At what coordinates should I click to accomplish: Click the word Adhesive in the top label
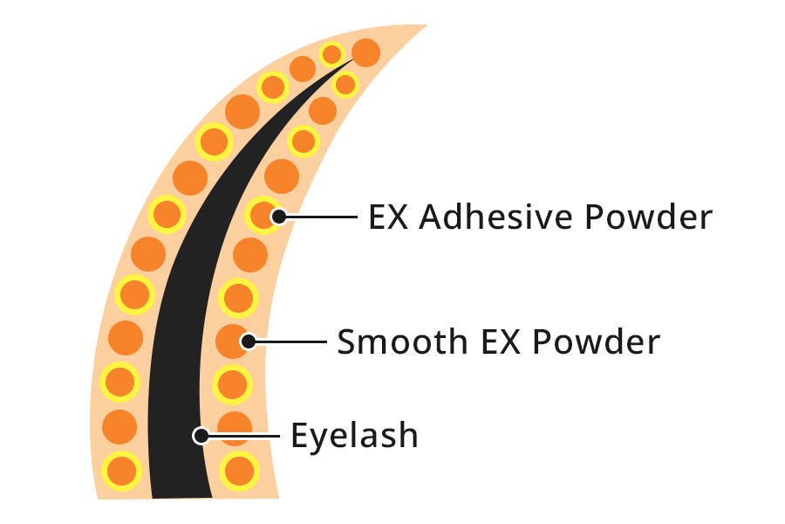tap(495, 217)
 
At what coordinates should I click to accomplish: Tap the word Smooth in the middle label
tap(402, 341)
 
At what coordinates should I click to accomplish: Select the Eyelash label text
tap(354, 435)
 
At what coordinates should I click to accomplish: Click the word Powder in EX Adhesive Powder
tap(648, 217)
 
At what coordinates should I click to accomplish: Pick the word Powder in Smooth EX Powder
tap(597, 341)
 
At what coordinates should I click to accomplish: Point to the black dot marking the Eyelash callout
tap(201, 436)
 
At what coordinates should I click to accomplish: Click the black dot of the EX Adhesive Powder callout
tap(279, 217)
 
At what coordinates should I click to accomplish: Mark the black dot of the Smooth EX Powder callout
tap(249, 341)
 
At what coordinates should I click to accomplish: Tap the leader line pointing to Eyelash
tap(244, 436)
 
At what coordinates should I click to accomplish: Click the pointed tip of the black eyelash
tap(353, 59)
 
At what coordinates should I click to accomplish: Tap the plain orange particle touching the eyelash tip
tap(366, 52)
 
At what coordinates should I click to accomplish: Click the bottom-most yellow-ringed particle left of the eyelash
tap(121, 472)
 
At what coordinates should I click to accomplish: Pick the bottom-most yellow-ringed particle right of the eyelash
tap(239, 472)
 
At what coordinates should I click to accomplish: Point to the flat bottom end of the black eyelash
tap(182, 498)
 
